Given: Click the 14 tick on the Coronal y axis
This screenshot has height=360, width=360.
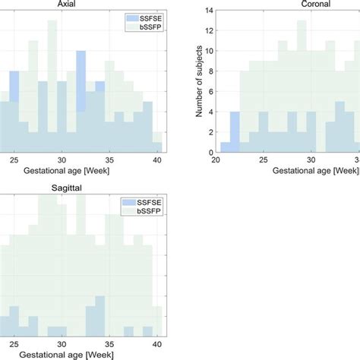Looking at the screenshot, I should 209,11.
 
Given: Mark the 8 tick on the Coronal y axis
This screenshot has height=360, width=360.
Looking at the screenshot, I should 210,71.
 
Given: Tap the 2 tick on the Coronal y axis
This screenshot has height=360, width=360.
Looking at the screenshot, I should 210,132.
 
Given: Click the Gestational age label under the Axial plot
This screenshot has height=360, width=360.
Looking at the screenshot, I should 68,172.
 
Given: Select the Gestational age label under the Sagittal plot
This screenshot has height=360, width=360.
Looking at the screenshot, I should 68,354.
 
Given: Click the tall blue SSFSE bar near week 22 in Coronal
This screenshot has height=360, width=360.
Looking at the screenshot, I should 235,133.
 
